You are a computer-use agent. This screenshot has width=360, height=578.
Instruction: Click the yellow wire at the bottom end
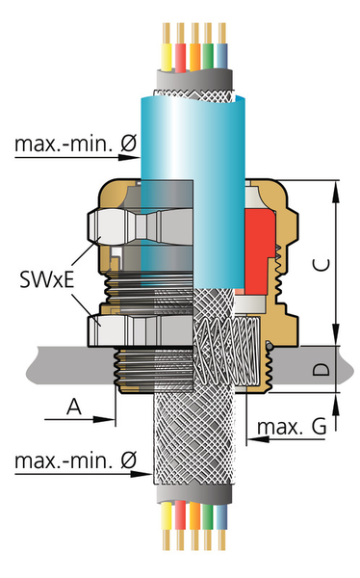tap(166, 525)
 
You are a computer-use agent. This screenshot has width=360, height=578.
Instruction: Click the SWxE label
tap(47, 281)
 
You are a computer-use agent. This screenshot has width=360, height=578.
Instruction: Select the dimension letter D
tap(322, 369)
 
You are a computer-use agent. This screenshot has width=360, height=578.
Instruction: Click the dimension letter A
tap(71, 407)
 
